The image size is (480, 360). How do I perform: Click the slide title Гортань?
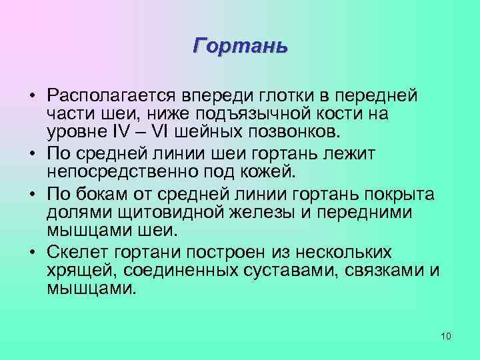(x=240, y=46)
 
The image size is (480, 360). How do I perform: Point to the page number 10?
(x=446, y=335)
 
